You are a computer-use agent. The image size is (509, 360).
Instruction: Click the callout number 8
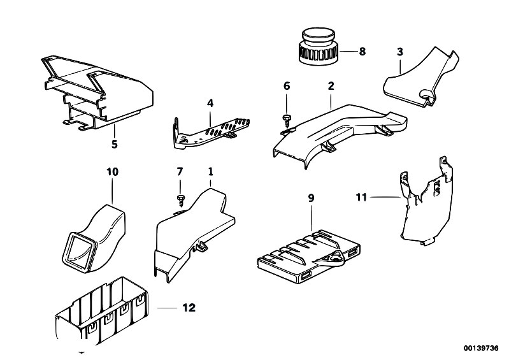tap(362, 51)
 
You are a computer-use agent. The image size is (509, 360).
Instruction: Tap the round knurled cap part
tap(318, 47)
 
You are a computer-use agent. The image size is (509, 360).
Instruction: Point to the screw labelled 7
tap(180, 200)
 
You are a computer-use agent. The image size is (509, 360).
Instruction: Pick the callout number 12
tap(189, 307)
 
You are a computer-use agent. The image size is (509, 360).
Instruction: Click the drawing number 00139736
tap(481, 349)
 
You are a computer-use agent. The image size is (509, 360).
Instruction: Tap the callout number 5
tap(114, 144)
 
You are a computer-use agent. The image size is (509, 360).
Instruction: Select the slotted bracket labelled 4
tap(211, 133)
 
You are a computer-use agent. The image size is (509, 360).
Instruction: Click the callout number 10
tap(112, 171)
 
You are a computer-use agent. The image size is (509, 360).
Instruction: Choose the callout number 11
tap(361, 197)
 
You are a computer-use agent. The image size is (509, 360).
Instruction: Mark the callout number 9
tap(311, 198)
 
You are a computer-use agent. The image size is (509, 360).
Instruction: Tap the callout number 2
tap(331, 86)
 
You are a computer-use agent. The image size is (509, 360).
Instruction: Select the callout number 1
tap(210, 171)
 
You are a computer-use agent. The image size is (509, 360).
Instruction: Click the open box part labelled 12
tap(101, 312)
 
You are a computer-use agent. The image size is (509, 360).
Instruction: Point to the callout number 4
tap(210, 103)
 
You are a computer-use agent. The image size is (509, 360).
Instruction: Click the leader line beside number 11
tap(385, 197)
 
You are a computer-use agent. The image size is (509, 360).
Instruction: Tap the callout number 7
tap(180, 171)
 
